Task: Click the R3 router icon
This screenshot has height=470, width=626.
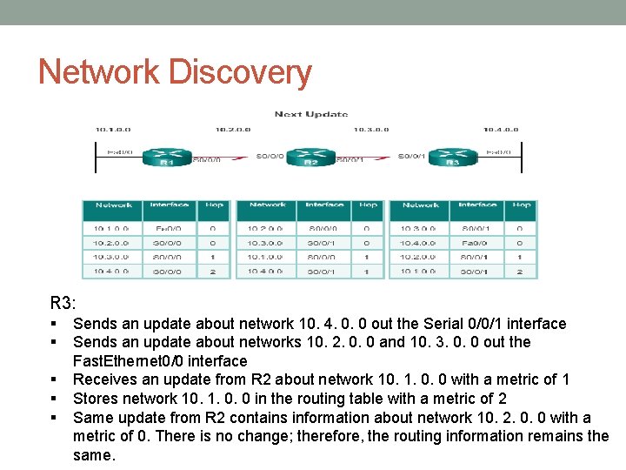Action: [452, 158]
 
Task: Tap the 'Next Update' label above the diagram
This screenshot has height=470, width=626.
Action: [311, 114]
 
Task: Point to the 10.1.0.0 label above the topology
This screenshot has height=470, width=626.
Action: [113, 130]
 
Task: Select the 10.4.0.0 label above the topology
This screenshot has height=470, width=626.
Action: [501, 130]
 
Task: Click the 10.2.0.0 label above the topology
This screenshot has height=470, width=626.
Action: [232, 130]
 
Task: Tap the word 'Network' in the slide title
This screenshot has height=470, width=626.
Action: [98, 72]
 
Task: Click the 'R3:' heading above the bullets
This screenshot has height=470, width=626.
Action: [63, 303]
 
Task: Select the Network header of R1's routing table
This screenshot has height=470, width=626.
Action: [113, 205]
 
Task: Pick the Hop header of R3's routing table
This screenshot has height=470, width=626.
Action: [521, 205]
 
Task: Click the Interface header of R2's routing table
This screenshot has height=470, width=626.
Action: [323, 205]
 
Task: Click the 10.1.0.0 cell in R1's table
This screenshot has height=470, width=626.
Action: [112, 229]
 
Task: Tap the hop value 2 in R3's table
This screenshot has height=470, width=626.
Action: [520, 271]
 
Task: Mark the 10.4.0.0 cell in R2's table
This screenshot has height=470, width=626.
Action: [267, 271]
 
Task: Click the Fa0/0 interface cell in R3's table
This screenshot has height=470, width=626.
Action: [477, 243]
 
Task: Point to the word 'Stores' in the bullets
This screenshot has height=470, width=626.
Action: [96, 399]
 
